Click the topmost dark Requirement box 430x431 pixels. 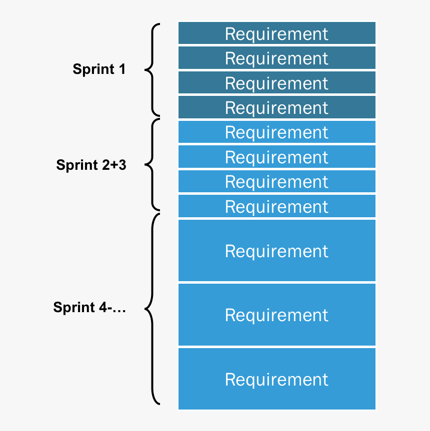pos(276,33)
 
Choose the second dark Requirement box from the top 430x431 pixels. pos(276,58)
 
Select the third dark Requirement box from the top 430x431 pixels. pos(276,83)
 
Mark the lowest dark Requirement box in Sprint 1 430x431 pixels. pos(276,107)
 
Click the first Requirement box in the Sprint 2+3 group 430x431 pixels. pos(276,132)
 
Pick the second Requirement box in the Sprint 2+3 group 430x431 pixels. pos(276,157)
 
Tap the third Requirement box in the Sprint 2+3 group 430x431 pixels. pos(276,182)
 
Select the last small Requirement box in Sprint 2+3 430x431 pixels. pos(276,206)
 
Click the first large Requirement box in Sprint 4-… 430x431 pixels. pos(276,250)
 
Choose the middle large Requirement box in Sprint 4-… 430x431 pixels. pos(276,315)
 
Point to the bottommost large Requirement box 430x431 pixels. pos(276,379)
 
